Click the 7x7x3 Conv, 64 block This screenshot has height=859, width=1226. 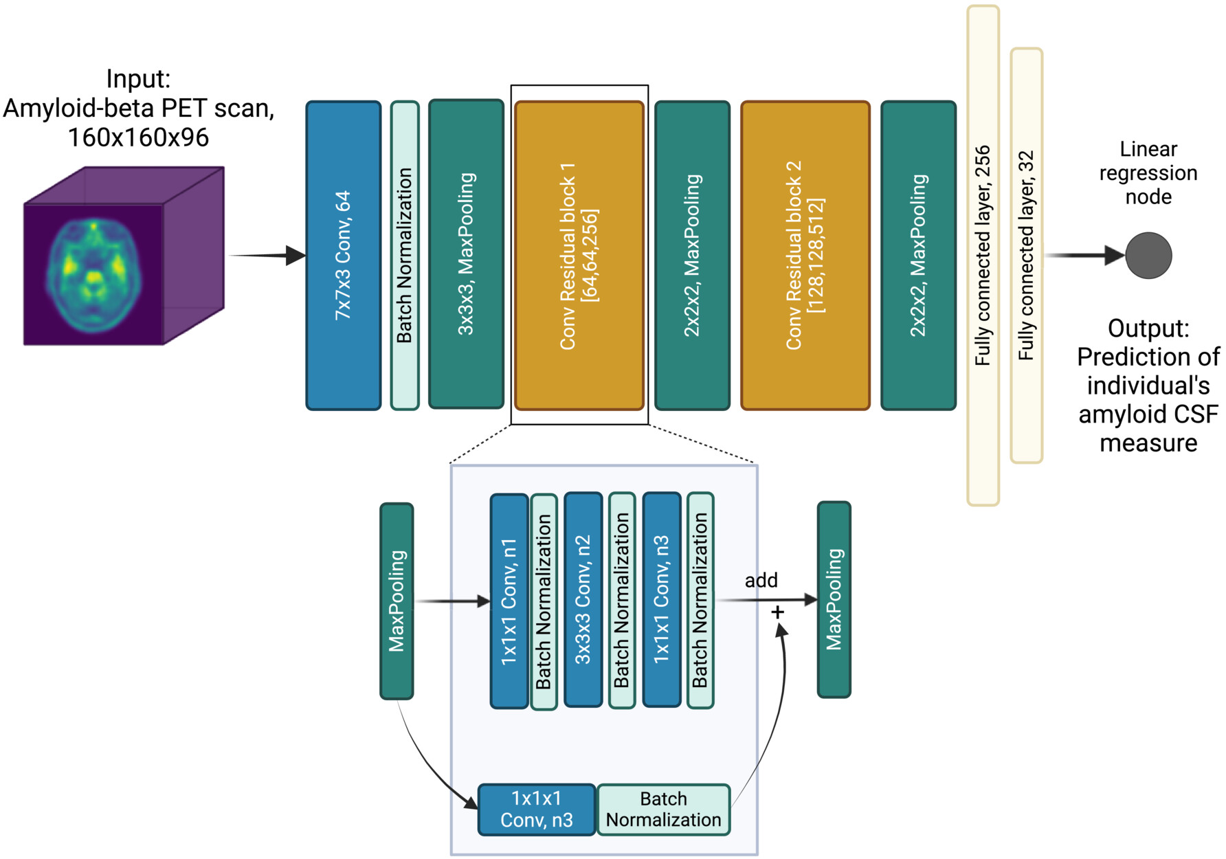pyautogui.click(x=343, y=256)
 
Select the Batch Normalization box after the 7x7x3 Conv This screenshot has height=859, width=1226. pyautogui.click(x=405, y=256)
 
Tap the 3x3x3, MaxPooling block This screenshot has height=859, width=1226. pyautogui.click(x=466, y=254)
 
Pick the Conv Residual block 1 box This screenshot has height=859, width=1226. pyautogui.click(x=579, y=256)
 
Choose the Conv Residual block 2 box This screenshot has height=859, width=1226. pyautogui.click(x=805, y=256)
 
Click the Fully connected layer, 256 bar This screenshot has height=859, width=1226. pyautogui.click(x=983, y=256)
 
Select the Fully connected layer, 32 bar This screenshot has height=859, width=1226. pyautogui.click(x=1026, y=256)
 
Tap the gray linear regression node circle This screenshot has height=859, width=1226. pyautogui.click(x=1148, y=256)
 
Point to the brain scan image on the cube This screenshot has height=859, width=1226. pyautogui.click(x=94, y=274)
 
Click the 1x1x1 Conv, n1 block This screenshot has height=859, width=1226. pyautogui.click(x=509, y=601)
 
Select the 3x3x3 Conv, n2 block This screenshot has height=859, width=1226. pyautogui.click(x=583, y=599)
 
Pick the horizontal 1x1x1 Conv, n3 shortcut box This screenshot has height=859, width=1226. pyautogui.click(x=536, y=810)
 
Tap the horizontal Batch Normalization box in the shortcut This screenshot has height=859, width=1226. pyautogui.click(x=663, y=810)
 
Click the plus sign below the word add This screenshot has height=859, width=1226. pyautogui.click(x=777, y=612)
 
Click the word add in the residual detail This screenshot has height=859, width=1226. pyautogui.click(x=761, y=581)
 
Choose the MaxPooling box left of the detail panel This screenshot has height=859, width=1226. pyautogui.click(x=397, y=601)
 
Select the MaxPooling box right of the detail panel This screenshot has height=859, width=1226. pyautogui.click(x=834, y=600)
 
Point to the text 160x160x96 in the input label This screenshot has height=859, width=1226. pyautogui.click(x=138, y=137)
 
